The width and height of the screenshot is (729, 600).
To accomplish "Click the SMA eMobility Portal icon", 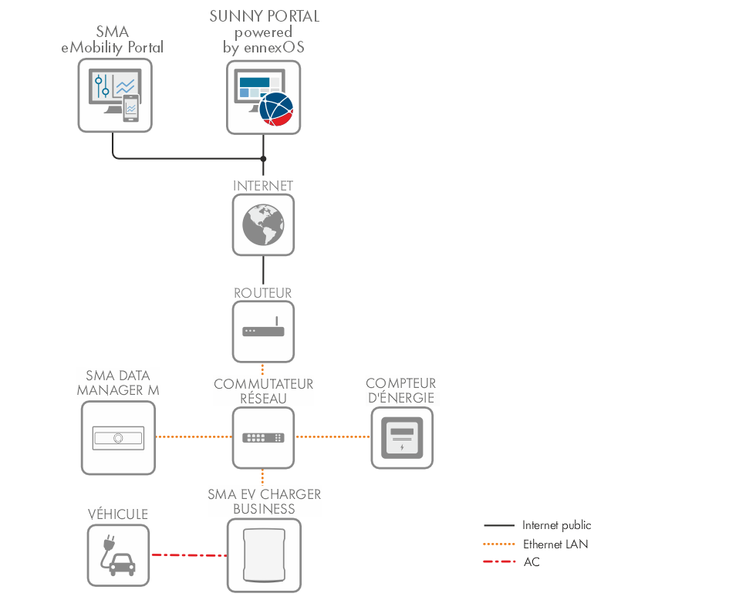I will tap(115, 95).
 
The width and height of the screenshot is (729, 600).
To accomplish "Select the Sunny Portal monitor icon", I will tap(263, 96).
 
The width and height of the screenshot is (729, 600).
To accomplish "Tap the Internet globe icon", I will tap(263, 224).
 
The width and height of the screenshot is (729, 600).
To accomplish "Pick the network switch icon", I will tap(263, 437).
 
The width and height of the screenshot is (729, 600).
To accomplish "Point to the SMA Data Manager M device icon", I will tap(118, 438).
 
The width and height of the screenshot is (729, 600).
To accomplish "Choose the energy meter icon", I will tap(402, 438).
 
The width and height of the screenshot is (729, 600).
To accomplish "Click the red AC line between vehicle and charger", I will tap(188, 554).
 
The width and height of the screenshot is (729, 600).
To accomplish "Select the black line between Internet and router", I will tap(263, 271).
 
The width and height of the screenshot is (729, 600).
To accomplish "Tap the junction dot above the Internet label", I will tap(263, 159).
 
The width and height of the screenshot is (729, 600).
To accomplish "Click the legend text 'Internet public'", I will tap(556, 525).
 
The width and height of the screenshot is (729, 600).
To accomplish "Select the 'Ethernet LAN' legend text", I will tap(555, 544).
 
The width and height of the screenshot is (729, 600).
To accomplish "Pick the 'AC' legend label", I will tap(532, 562).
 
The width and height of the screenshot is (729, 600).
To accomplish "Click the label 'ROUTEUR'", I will tap(263, 293).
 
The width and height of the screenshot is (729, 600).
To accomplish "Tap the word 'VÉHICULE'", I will tap(117, 514).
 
